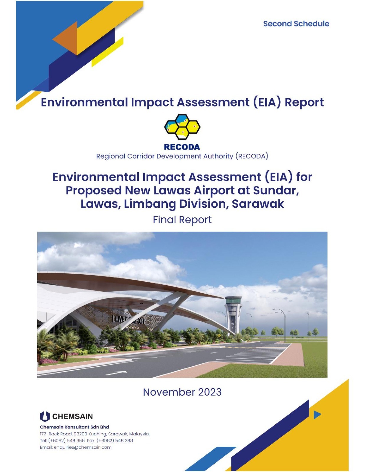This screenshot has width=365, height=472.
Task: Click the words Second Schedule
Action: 296,24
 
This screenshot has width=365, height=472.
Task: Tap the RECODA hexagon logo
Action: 182,127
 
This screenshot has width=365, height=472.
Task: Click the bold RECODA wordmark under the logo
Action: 182,147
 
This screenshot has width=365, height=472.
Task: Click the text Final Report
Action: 182,219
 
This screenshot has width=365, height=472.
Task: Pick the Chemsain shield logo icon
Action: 45,417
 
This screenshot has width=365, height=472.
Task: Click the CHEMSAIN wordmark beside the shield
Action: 73,417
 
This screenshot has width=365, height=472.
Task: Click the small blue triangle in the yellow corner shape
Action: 317,415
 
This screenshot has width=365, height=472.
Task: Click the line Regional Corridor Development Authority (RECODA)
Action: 182,156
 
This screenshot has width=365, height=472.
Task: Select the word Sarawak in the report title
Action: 258,204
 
